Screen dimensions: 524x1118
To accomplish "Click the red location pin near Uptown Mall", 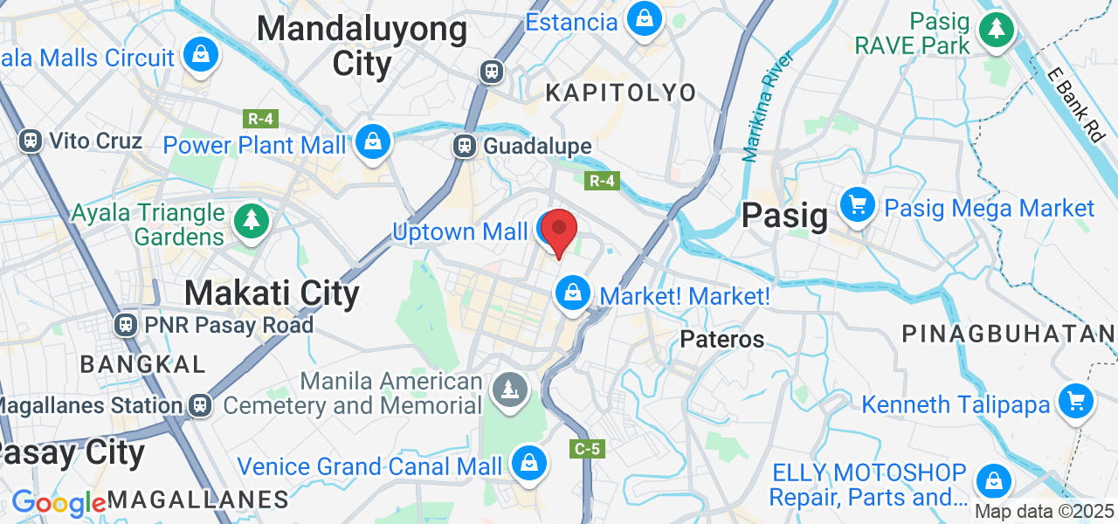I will coord(559,231).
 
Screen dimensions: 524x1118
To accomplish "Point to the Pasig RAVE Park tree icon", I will coord(995,29).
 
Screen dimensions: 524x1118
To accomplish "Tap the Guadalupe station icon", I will coord(464,146).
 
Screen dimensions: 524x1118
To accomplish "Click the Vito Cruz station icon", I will coord(31,141).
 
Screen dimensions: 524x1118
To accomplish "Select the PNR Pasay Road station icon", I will coord(126,326).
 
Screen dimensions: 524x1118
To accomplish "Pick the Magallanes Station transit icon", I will coord(201,405).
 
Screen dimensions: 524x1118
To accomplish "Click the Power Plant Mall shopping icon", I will coord(373,141).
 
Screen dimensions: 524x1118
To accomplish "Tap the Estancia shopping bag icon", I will coord(644,18).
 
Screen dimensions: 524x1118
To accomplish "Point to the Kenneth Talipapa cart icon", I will coord(1075,402).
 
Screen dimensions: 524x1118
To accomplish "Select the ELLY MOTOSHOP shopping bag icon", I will coord(994,480).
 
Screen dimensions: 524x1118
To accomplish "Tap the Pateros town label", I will coord(722,339).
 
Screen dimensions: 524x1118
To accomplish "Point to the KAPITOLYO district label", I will coord(621,93).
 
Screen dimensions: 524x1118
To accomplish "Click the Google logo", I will coord(59,503).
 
